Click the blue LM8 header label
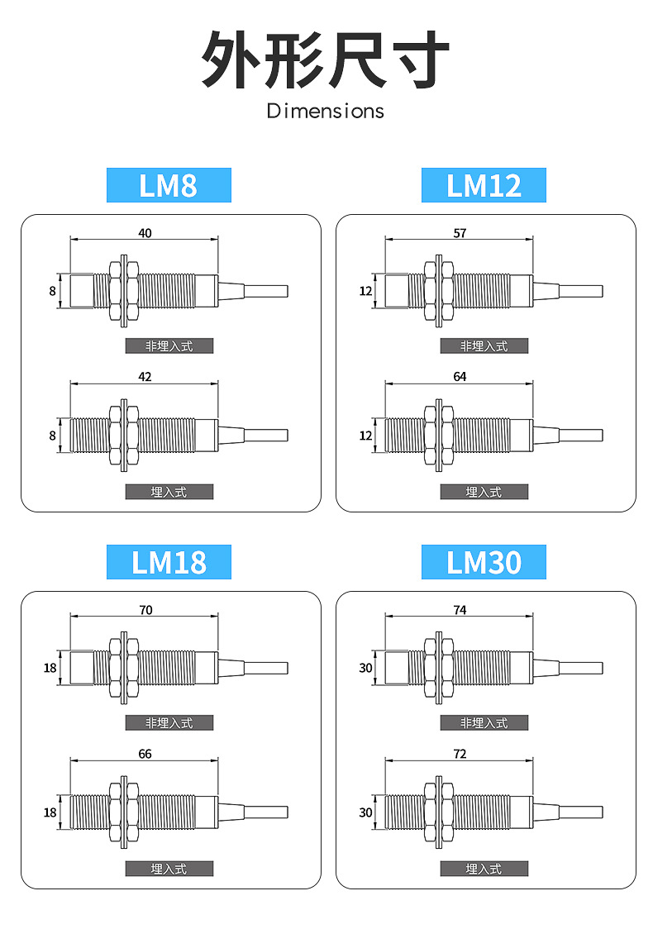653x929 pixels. click(x=169, y=185)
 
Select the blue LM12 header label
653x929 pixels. click(x=484, y=185)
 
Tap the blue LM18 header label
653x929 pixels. click(x=169, y=562)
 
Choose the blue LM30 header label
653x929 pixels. click(x=484, y=562)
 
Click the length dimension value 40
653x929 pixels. click(x=145, y=233)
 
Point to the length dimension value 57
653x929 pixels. click(x=460, y=233)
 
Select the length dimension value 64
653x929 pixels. click(x=460, y=377)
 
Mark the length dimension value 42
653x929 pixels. click(x=145, y=377)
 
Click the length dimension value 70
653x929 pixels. click(x=145, y=610)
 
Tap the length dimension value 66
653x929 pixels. click(x=145, y=754)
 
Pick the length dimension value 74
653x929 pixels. click(x=460, y=610)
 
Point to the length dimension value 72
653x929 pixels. click(x=460, y=754)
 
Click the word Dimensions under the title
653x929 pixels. click(x=326, y=111)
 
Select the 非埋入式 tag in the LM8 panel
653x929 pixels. click(x=169, y=345)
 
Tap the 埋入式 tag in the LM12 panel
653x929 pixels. click(x=484, y=492)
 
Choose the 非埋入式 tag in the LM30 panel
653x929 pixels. click(x=484, y=722)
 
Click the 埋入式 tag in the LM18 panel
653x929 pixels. click(x=169, y=869)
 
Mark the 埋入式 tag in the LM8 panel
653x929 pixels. click(x=169, y=492)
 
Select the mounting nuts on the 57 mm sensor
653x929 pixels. click(x=439, y=291)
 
